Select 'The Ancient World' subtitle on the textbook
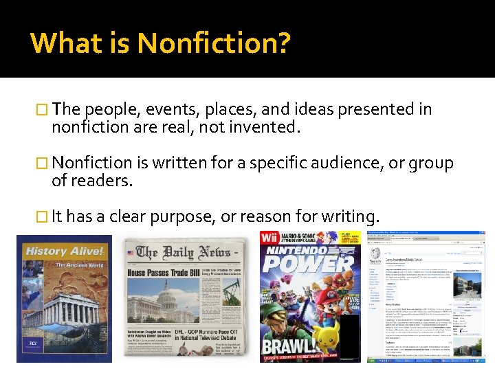click(80, 265)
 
